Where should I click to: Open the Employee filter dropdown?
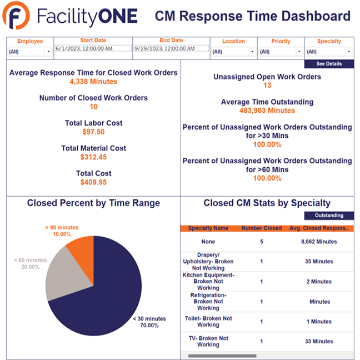[x=29, y=52]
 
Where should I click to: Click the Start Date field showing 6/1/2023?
[x=93, y=48]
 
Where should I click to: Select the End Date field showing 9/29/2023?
[x=171, y=48]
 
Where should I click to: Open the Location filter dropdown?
[x=233, y=52]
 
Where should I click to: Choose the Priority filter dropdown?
[x=280, y=52]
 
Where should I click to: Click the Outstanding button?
[x=329, y=216]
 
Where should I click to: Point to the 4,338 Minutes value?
[x=93, y=82]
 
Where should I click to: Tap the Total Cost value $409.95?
[x=93, y=182]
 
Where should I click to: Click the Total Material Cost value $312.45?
[x=93, y=157]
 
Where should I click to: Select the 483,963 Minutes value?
[x=267, y=111]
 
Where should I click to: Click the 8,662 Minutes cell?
[x=319, y=242]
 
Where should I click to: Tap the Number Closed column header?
[x=262, y=228]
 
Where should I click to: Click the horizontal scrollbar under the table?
[x=222, y=356]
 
